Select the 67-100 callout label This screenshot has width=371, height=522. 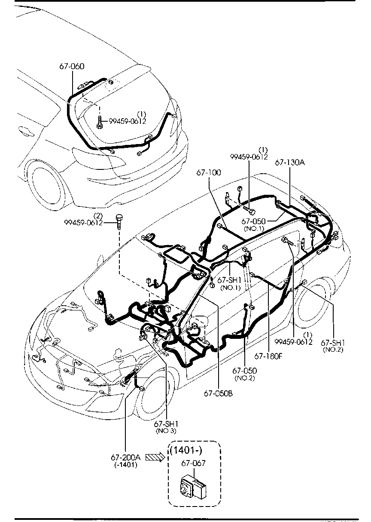pos(209,172)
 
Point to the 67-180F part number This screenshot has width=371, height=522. pos(268,356)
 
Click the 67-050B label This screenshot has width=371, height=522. pos(218,393)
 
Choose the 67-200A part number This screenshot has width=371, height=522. pos(126,458)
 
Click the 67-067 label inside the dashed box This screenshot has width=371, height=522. pos(194,463)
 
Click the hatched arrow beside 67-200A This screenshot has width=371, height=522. pos(155,458)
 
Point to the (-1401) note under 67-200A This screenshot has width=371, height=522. pos(126,465)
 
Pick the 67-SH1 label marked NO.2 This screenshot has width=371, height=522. pos(333,343)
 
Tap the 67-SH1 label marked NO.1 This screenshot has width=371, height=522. pos(230,280)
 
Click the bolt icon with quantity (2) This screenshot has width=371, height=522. pos(119,219)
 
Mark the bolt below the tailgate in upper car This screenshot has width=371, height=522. pos(99,122)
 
